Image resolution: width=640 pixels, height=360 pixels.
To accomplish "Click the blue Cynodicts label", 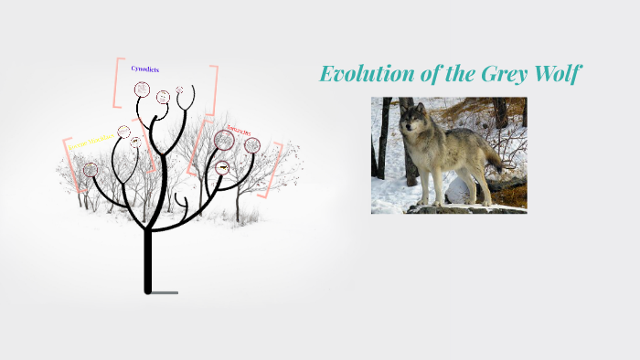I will [x=145, y=69].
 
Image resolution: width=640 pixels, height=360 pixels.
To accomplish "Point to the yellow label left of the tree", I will [x=91, y=140].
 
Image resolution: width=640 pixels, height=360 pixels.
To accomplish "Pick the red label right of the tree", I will [x=239, y=130].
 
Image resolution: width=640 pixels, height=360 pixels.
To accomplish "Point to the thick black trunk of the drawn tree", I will [x=147, y=260].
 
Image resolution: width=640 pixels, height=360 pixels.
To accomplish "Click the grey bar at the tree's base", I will [x=165, y=292].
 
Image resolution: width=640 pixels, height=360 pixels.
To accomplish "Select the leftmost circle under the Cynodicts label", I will [x=142, y=90].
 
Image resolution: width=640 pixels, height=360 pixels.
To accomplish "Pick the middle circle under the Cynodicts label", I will [x=163, y=97].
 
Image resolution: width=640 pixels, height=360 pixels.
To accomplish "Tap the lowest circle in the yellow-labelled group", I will [x=90, y=170].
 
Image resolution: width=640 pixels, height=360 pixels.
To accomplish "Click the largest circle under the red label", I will [x=224, y=140].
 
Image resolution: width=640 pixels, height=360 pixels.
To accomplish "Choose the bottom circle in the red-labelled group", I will [x=222, y=168].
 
